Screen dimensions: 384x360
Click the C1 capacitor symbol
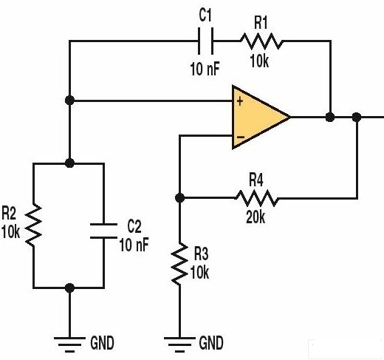click(x=205, y=41)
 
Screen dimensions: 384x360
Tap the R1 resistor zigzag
click(x=261, y=41)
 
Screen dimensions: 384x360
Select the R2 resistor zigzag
click(x=33, y=225)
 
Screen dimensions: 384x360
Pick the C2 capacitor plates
click(x=103, y=231)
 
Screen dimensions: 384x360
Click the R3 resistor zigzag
click(x=179, y=264)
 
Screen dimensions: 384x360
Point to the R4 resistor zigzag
click(x=257, y=198)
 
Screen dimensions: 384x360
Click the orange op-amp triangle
click(x=261, y=118)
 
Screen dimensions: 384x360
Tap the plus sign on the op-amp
click(x=239, y=101)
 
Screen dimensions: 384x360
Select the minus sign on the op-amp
click(x=241, y=137)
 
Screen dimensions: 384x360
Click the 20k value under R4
click(x=256, y=217)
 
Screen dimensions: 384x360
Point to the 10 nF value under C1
click(x=205, y=69)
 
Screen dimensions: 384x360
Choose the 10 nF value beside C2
click(x=134, y=245)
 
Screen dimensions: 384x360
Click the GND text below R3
click(x=211, y=343)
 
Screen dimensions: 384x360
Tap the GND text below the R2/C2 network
click(x=102, y=343)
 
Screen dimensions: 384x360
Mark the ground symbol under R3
click(x=179, y=344)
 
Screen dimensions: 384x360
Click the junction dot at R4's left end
click(x=179, y=197)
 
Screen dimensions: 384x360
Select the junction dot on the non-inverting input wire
click(x=69, y=101)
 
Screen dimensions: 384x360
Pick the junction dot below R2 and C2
click(x=69, y=288)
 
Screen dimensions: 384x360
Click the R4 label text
click(x=256, y=180)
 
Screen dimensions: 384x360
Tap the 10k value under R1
click(x=259, y=61)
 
